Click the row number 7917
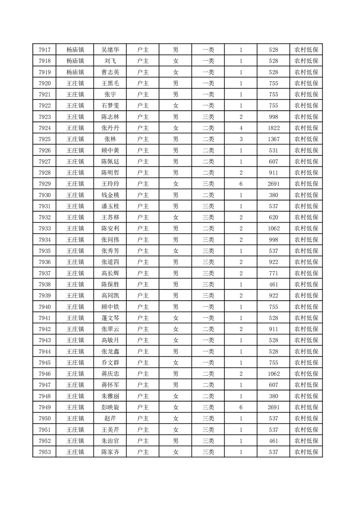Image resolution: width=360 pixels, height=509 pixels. click(x=44, y=50)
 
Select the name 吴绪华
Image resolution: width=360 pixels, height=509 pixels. click(x=110, y=50)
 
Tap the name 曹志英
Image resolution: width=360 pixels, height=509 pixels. click(x=110, y=72)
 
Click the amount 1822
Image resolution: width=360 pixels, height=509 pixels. click(x=273, y=128)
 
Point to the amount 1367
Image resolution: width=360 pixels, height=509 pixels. click(x=273, y=139)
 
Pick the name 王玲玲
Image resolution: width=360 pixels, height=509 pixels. click(x=110, y=184)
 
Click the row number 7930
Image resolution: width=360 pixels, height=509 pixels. click(x=44, y=195)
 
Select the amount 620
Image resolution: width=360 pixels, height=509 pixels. click(x=273, y=217)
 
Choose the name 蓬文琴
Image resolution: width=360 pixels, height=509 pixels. click(x=110, y=318)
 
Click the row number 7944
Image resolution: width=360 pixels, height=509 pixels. click(x=44, y=351)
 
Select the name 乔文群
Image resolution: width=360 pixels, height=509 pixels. click(x=110, y=362)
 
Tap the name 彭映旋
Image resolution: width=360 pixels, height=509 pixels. click(x=110, y=407)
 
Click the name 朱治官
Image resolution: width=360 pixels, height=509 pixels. click(x=110, y=440)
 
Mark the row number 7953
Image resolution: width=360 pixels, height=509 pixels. click(x=44, y=452)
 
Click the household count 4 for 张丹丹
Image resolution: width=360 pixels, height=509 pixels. click(x=241, y=128)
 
